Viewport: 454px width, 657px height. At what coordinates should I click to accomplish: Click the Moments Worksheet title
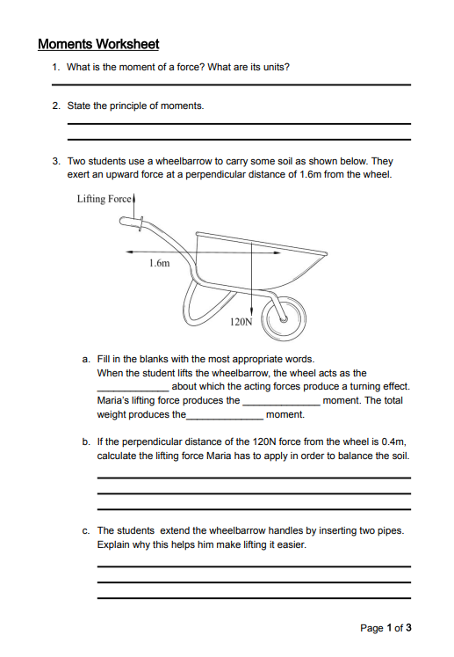pyautogui.click(x=98, y=44)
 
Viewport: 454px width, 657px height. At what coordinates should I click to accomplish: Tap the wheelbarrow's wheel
pyautogui.click(x=284, y=319)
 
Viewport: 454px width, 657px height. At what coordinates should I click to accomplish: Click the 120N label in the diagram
pyautogui.click(x=241, y=322)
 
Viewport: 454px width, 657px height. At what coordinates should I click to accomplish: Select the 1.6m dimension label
pyautogui.click(x=160, y=263)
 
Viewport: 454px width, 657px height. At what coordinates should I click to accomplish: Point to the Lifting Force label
pyautogui.click(x=104, y=199)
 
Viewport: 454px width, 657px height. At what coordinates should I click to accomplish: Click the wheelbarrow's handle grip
pyautogui.click(x=131, y=223)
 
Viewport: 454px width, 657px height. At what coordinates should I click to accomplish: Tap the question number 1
pyautogui.click(x=55, y=67)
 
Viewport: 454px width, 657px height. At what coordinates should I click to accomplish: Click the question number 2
pyautogui.click(x=56, y=106)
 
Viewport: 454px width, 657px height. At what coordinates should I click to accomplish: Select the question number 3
pyautogui.click(x=56, y=161)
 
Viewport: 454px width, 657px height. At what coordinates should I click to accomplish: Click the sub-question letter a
pyautogui.click(x=86, y=360)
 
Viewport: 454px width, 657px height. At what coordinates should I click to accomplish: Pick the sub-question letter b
pyautogui.click(x=86, y=442)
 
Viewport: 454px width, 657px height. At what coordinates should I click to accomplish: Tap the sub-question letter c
pyautogui.click(x=86, y=531)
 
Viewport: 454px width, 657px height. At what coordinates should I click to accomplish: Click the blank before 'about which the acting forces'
pyautogui.click(x=133, y=391)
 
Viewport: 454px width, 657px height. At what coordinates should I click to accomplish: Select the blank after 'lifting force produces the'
pyautogui.click(x=282, y=405)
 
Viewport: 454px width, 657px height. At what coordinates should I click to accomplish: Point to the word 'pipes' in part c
pyautogui.click(x=391, y=531)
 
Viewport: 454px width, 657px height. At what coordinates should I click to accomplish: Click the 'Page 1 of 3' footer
pyautogui.click(x=386, y=628)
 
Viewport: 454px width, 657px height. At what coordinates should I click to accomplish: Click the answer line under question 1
pyautogui.click(x=232, y=85)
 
